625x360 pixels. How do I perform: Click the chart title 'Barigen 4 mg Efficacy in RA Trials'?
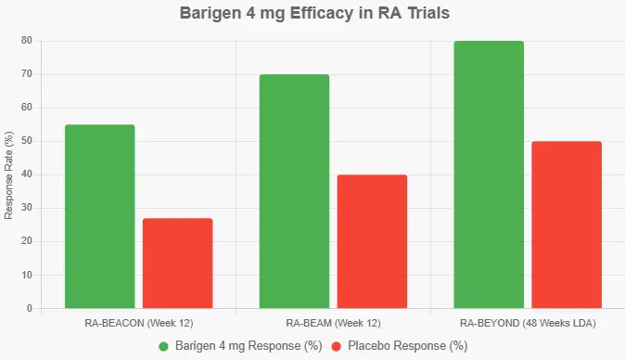pyautogui.click(x=312, y=15)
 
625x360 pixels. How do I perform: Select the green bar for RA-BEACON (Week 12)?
pyautogui.click(x=99, y=216)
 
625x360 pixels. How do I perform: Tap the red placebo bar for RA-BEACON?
pyautogui.click(x=177, y=264)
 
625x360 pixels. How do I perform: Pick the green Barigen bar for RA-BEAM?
pyautogui.click(x=294, y=191)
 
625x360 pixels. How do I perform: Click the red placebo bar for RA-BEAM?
pyautogui.click(x=372, y=241)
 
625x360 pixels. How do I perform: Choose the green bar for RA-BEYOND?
pyautogui.click(x=489, y=174)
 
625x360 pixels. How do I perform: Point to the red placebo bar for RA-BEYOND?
pyautogui.click(x=567, y=225)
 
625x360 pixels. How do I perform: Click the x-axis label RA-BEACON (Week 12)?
pyautogui.click(x=138, y=323)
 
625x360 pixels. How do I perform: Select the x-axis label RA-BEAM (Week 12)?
pyautogui.click(x=333, y=323)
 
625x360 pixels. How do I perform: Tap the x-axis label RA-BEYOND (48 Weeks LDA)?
pyautogui.click(x=528, y=323)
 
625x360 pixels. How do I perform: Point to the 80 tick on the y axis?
pyautogui.click(x=28, y=41)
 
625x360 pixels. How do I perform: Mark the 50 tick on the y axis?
pyautogui.click(x=28, y=141)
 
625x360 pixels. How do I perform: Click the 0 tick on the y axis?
pyautogui.click(x=30, y=308)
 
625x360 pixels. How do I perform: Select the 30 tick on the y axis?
pyautogui.click(x=28, y=208)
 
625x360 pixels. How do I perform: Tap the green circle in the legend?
pyautogui.click(x=164, y=346)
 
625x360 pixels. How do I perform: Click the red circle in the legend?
pyautogui.click(x=338, y=346)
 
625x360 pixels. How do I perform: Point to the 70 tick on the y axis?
pyautogui.click(x=28, y=74)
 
